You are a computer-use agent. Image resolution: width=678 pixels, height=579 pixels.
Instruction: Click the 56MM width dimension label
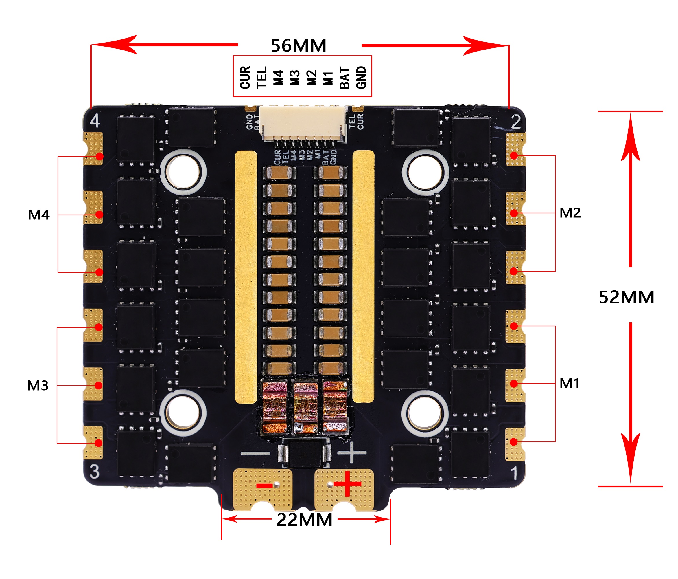point(299,45)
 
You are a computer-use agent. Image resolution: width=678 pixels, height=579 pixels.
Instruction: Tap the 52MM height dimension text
point(626,297)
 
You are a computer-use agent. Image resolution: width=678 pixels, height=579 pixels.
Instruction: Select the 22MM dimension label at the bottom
point(304,519)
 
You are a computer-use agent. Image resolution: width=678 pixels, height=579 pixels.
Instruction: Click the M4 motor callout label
point(38,215)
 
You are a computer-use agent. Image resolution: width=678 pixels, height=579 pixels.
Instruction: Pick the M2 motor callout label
point(570,213)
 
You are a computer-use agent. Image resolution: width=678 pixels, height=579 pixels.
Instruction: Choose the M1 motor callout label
point(569,383)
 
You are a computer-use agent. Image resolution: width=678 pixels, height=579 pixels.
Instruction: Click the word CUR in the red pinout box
point(245,77)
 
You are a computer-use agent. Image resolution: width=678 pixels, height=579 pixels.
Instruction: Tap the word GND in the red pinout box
point(361,77)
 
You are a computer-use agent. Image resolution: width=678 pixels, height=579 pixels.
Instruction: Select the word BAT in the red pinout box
point(344,78)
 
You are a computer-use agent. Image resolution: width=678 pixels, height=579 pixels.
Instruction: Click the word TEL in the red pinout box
point(262,77)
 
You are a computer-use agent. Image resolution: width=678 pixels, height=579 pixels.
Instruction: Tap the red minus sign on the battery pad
point(264,485)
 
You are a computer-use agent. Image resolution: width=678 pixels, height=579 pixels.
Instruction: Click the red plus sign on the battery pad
point(347,484)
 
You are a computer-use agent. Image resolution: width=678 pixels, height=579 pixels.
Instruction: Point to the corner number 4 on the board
point(95,121)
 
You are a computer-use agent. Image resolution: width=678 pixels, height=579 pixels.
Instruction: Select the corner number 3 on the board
point(95,472)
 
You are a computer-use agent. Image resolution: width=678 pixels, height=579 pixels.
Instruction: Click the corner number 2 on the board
point(516,122)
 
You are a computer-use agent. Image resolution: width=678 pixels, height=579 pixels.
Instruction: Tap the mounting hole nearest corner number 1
point(425,413)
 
